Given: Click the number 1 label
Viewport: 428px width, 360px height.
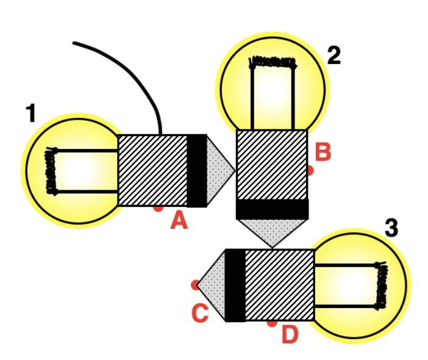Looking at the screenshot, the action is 31,113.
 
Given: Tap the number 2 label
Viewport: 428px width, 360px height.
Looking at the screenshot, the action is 334,56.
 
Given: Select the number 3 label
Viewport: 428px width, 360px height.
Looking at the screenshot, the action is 391,227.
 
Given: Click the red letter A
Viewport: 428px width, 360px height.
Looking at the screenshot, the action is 179,221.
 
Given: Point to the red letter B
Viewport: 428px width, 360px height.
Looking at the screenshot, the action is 323,151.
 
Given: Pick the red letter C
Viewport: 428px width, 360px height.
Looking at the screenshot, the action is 200,313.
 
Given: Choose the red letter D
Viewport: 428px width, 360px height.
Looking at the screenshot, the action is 290,334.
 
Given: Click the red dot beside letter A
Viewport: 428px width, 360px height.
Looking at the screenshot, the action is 159,209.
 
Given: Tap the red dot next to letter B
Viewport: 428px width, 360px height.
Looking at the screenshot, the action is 310,171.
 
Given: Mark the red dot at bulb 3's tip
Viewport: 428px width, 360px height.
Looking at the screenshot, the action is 195,285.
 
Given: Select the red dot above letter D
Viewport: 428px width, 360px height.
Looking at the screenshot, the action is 272,323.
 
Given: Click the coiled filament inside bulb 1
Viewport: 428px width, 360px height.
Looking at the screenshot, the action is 51,171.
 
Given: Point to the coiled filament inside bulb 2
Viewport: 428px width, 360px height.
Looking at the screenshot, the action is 273,63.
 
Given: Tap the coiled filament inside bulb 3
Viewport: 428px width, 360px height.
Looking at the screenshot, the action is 380,286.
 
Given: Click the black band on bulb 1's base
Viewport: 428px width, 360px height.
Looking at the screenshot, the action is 196,171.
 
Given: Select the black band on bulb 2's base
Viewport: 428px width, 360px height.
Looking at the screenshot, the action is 273,209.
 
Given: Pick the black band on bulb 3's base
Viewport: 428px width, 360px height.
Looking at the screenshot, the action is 235,286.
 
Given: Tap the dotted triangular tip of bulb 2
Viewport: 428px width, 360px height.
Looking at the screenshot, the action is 273,232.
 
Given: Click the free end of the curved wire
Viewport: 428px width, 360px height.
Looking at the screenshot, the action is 74,43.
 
